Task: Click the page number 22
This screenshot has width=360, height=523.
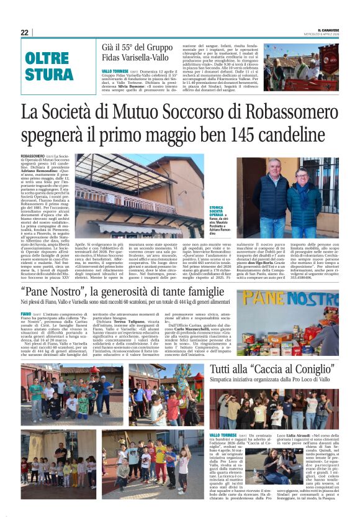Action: [x=25, y=32]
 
